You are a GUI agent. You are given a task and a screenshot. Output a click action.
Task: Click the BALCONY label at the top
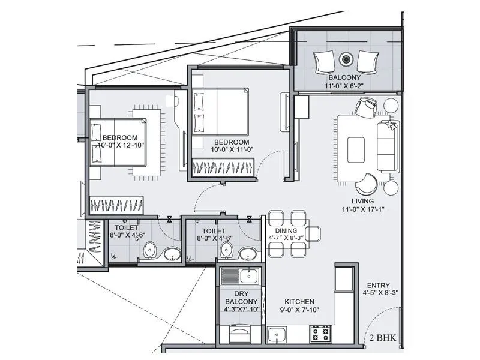(344, 78)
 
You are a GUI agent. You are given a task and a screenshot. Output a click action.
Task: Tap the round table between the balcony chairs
(346, 59)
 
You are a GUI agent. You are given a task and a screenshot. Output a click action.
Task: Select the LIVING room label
(363, 201)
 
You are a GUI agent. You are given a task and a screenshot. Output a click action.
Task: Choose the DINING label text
(286, 230)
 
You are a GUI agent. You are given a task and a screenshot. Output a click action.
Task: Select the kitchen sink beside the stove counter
(277, 333)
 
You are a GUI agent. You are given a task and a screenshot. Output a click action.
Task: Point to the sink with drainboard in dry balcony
(239, 277)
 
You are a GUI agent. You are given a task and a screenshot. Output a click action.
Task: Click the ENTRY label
(376, 286)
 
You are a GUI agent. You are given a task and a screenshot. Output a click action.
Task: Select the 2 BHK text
(384, 337)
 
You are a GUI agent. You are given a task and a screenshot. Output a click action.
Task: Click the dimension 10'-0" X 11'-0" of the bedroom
(234, 151)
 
